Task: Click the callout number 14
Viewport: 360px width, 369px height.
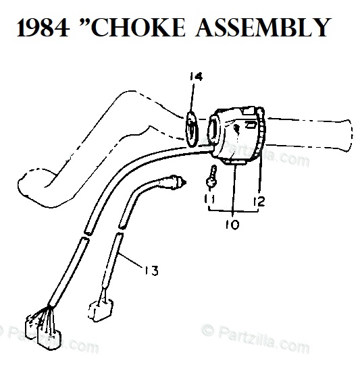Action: point(196,76)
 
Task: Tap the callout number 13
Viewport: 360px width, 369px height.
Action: point(151,271)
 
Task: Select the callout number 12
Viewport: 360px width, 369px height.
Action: point(259,202)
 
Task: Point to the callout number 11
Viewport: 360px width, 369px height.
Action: point(209,198)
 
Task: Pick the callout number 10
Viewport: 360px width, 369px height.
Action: point(232,225)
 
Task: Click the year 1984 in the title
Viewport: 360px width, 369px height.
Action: point(43,28)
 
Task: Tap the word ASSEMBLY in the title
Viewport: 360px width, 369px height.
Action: point(262,27)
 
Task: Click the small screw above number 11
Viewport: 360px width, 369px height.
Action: point(211,177)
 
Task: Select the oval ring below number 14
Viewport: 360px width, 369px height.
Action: point(192,129)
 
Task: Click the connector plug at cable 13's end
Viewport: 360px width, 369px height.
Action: point(101,310)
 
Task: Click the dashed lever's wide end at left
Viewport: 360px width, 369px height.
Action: point(39,187)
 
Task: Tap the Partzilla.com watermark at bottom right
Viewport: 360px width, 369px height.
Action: point(255,338)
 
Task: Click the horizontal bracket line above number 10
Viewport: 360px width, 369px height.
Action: point(233,210)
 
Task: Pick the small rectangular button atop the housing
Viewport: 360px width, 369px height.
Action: point(248,110)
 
